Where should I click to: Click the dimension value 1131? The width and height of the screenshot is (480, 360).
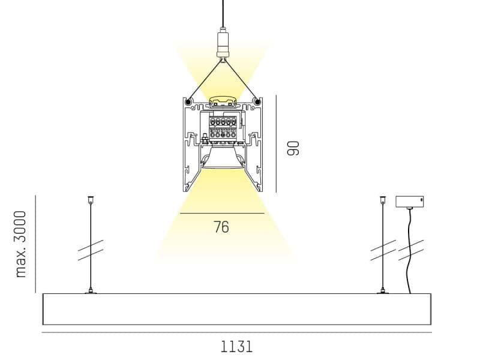(x=236, y=347)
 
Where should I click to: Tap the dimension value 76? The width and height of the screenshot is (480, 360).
(x=221, y=227)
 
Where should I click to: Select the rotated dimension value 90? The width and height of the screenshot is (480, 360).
(x=293, y=148)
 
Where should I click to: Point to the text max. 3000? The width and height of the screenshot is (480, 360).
(x=21, y=244)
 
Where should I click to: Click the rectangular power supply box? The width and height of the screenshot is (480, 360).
(x=410, y=202)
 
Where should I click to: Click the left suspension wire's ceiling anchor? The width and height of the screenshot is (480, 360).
(x=91, y=200)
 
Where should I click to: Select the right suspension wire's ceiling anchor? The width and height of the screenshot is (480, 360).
(x=383, y=200)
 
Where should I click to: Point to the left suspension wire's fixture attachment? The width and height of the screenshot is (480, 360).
(x=91, y=291)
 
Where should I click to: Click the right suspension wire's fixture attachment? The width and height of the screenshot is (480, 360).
(x=383, y=291)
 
